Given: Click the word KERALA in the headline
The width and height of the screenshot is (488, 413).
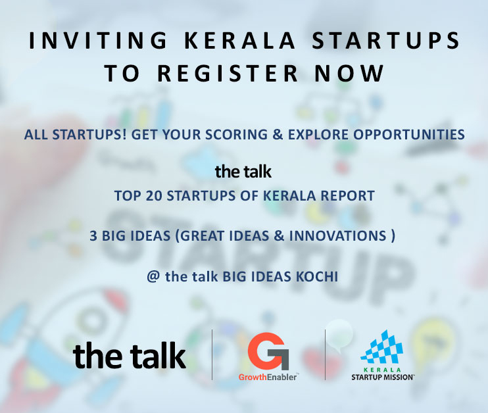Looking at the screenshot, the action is click(239, 41).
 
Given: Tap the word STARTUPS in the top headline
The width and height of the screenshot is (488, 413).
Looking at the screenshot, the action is click(385, 41).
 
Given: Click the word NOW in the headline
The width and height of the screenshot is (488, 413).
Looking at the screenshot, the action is click(349, 74).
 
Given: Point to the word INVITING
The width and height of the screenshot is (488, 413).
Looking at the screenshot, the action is click(98, 41).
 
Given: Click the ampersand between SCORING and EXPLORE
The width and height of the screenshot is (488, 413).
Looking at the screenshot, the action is click(278, 134).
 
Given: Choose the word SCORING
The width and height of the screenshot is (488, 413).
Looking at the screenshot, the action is click(236, 134).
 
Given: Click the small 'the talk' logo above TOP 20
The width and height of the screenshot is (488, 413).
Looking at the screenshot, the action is click(243, 172).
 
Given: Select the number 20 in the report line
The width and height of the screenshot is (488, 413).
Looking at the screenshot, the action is click(154, 196).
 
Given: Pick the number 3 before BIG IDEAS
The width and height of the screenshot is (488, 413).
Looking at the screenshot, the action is click(93, 236).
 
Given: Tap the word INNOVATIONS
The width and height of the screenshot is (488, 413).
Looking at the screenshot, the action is click(337, 236).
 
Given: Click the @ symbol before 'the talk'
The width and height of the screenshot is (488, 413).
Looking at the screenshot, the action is click(153, 276).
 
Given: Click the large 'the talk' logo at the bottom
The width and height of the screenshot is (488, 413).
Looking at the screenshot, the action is click(129, 355).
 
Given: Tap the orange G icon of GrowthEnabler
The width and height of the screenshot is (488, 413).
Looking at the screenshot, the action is click(268, 351).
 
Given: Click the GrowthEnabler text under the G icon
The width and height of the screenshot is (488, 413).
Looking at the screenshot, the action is click(268, 377).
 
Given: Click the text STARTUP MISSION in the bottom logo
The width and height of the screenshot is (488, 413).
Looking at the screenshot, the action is click(383, 377).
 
